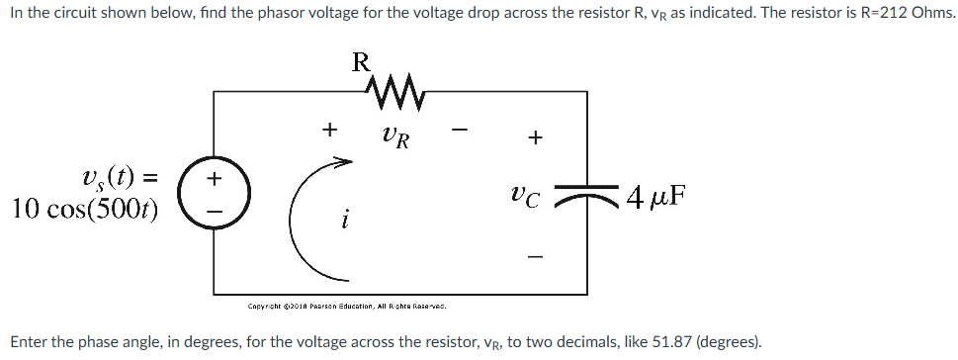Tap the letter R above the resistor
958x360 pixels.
tap(362, 61)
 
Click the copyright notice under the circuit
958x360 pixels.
tap(347, 306)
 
